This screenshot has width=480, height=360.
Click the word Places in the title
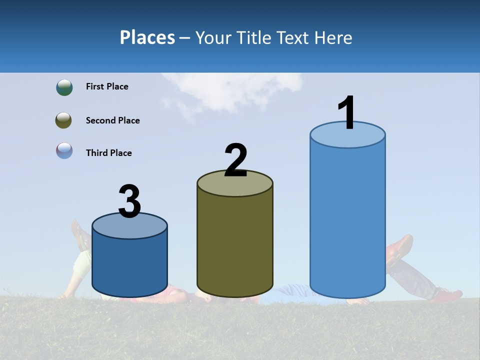pos(147,37)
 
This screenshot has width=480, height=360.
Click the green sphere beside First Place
pos(64,87)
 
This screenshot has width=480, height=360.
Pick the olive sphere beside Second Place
pos(64,120)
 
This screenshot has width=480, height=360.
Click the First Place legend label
pos(107,86)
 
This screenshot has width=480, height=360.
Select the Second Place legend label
pos(112,120)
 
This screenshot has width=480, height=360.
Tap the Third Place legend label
pos(108,153)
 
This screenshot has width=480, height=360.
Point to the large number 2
pos(235,160)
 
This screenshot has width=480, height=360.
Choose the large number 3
pos(129,202)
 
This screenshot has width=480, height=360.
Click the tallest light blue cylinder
pos(347,220)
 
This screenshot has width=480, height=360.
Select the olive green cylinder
pos(235,245)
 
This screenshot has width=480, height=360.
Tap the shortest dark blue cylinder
pos(129,265)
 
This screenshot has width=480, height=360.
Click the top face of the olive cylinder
pos(235,184)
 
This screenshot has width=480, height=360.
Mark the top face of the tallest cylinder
pos(347,135)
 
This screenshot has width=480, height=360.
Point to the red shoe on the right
pos(400,247)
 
